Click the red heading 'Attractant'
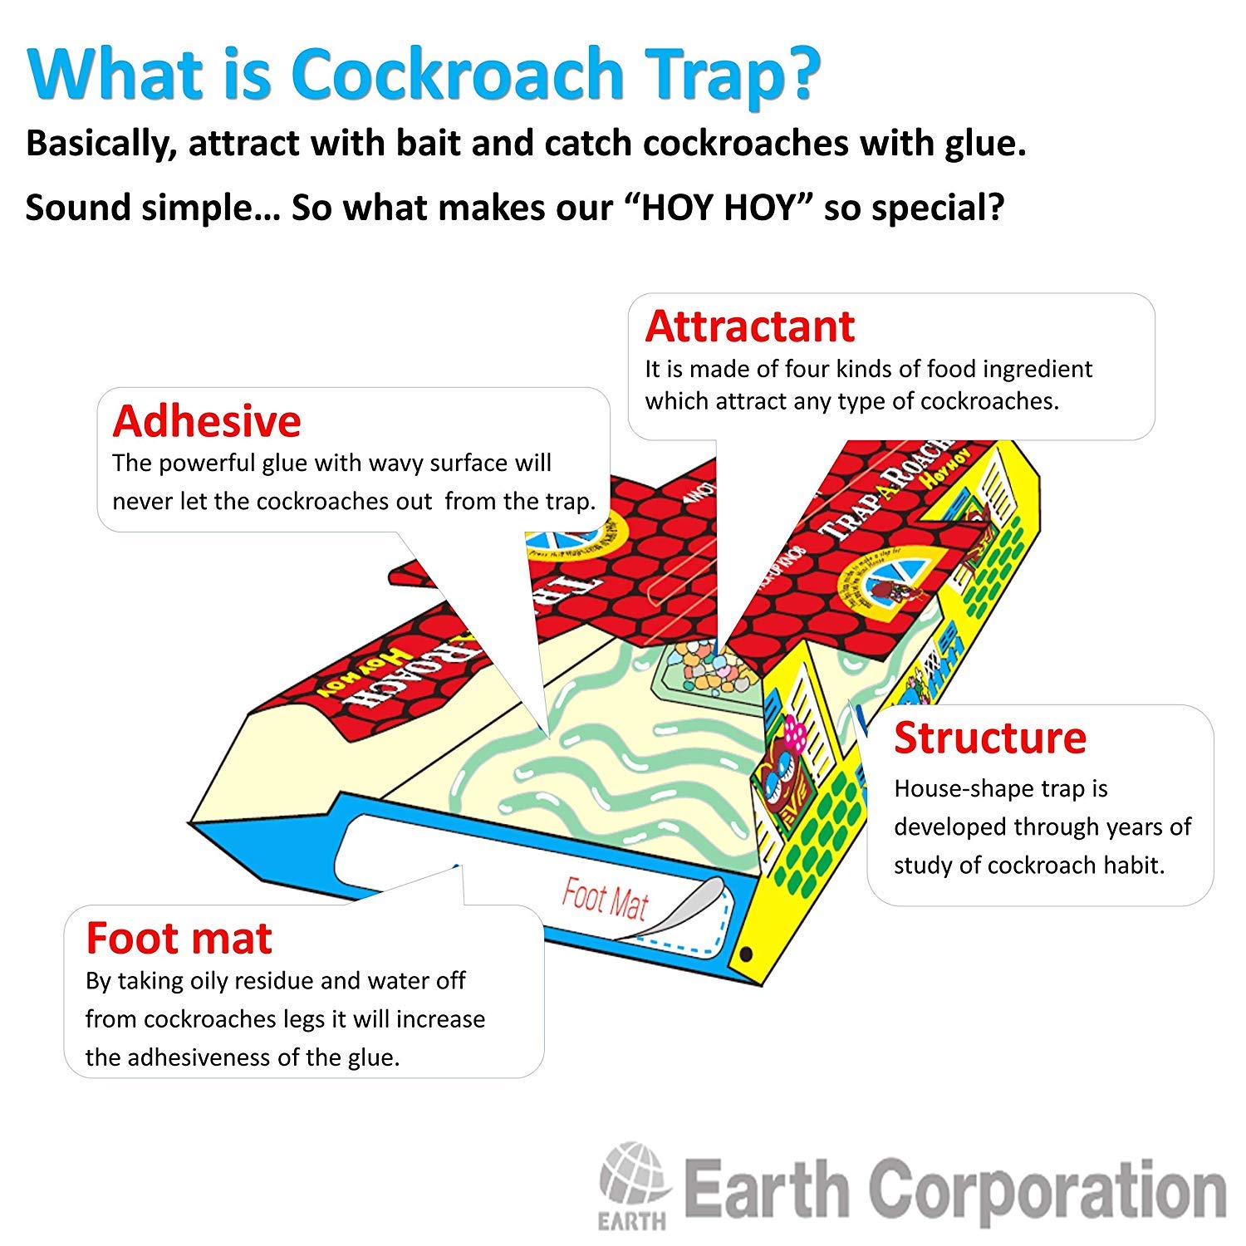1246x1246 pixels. coord(749,326)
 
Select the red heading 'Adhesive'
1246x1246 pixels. coord(206,421)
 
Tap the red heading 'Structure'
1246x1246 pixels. coord(989,738)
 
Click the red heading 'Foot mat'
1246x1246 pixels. coord(179,939)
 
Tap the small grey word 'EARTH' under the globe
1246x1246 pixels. coord(631,1221)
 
